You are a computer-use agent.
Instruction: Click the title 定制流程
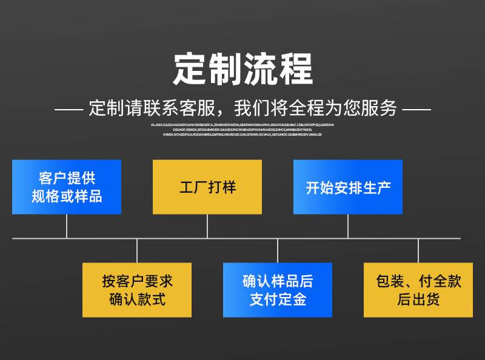[242, 68]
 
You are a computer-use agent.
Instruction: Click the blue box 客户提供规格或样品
[67, 187]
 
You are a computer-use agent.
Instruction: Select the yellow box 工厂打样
[207, 187]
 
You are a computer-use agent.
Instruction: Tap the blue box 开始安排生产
[348, 187]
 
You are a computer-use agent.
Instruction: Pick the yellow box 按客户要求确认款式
[137, 290]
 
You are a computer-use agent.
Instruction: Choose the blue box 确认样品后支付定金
[278, 290]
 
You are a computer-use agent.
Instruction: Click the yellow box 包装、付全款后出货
[418, 290]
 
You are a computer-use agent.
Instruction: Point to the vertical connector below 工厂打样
[207, 226]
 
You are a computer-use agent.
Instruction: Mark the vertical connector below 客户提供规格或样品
[67, 226]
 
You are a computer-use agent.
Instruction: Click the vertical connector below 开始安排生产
[348, 226]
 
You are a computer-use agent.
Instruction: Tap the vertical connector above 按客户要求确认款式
[137, 250]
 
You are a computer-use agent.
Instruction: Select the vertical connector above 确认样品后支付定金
[278, 250]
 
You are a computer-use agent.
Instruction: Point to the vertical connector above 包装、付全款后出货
[418, 250]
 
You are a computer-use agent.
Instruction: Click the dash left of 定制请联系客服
[68, 110]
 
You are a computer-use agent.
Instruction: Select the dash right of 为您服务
[416, 110]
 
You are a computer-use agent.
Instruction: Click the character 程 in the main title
[295, 68]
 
